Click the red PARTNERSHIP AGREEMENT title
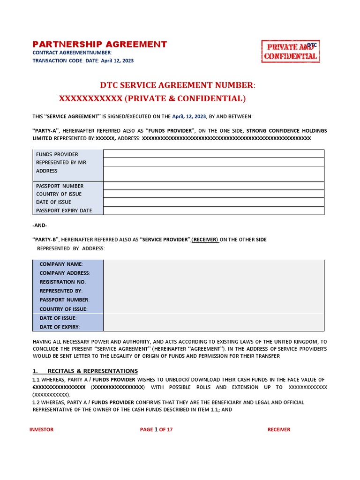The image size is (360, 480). click(99, 45)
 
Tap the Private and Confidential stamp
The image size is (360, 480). click(290, 52)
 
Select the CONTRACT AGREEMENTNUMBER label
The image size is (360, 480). click(72, 53)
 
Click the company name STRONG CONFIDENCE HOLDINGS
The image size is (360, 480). click(287, 130)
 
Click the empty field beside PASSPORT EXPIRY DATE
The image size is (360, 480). click(213, 210)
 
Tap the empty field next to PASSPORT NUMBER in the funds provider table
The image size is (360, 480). click(213, 186)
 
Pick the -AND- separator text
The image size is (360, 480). click(39, 225)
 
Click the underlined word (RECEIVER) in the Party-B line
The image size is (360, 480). click(205, 240)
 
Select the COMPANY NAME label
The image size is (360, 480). click(61, 264)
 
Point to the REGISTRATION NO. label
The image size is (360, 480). click(63, 282)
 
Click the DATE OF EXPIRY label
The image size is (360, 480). click(60, 327)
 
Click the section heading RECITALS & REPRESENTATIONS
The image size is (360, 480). click(92, 371)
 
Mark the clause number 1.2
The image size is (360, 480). click(36, 402)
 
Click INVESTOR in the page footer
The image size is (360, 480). click(41, 429)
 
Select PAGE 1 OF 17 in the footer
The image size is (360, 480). click(156, 429)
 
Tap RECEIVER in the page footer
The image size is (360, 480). click(278, 429)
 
